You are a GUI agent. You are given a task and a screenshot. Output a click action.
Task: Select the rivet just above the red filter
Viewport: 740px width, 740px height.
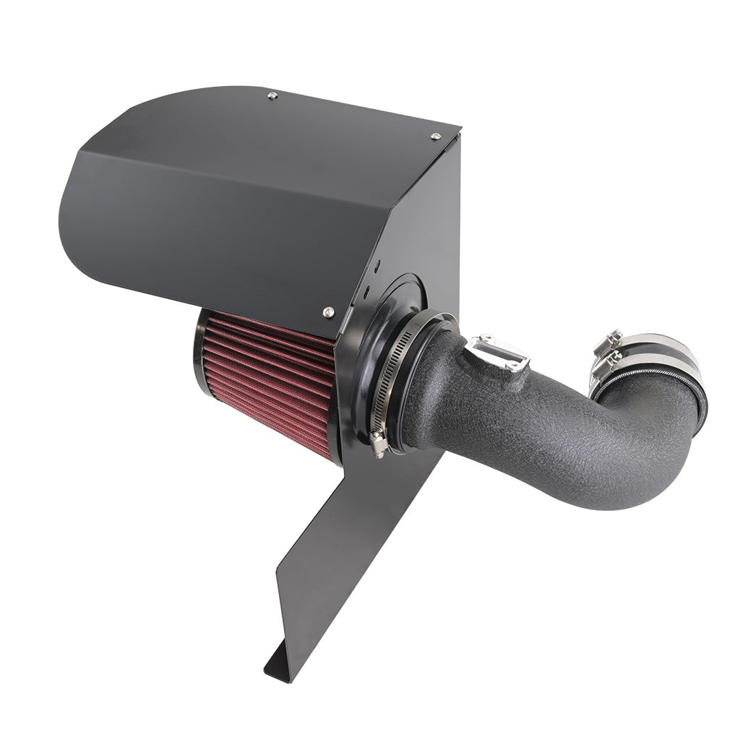pos(328,312)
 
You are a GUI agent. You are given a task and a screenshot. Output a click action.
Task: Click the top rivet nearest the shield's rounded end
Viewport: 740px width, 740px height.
pos(272,95)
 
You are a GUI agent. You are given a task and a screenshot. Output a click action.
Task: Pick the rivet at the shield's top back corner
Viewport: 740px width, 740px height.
pos(436,136)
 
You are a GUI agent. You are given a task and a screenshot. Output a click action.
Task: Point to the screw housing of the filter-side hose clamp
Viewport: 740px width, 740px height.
pos(377,440)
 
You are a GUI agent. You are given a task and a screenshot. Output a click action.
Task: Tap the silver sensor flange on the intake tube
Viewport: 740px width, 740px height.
pos(497,354)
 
